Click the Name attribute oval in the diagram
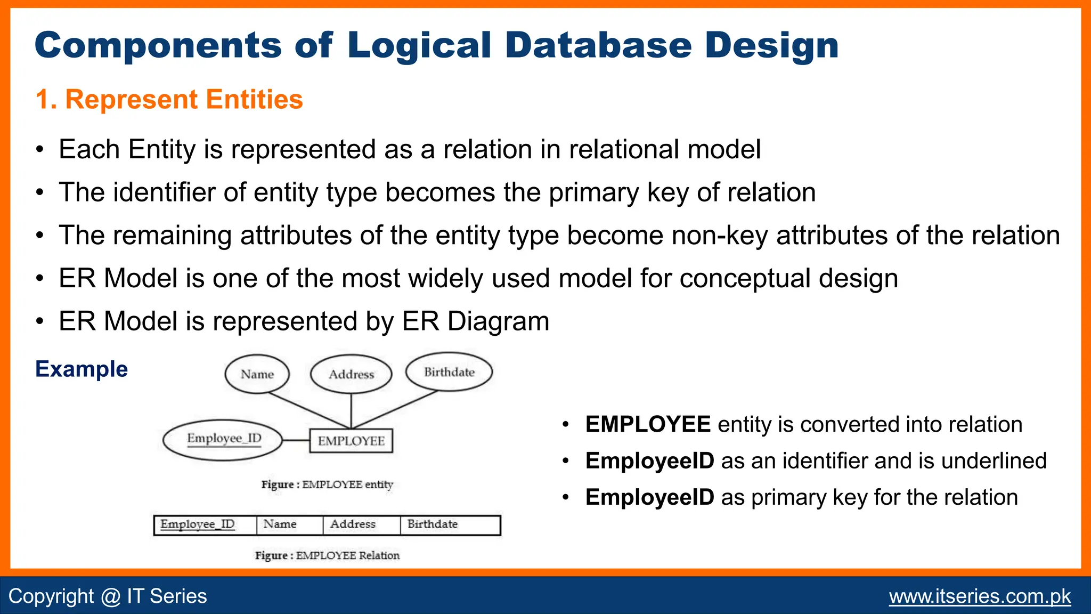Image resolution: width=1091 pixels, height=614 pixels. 257,374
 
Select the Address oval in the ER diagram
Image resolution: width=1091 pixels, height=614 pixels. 351,374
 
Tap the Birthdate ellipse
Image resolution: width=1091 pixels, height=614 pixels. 449,372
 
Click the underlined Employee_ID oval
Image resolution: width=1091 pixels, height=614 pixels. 223,439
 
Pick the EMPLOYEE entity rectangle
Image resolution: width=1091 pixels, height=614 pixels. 351,441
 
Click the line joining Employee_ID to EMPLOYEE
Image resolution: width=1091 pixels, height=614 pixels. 296,440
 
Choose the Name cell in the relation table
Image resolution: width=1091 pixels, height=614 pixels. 289,524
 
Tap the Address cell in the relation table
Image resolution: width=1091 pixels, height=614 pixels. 361,524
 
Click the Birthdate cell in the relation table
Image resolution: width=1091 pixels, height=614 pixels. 450,524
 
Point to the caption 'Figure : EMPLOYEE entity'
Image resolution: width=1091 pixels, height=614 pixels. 327,484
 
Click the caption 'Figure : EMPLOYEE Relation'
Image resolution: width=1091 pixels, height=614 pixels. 327,555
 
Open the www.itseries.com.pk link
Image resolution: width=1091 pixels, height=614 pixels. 980,596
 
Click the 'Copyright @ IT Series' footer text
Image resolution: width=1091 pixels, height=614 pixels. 108,596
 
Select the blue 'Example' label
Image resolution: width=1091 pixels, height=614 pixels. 82,369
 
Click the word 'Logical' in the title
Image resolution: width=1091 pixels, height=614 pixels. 419,45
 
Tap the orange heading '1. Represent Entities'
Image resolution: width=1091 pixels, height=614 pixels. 169,100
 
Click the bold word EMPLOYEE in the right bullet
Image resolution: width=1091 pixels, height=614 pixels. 648,425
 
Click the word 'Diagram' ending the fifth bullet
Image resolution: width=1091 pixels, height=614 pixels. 499,321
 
